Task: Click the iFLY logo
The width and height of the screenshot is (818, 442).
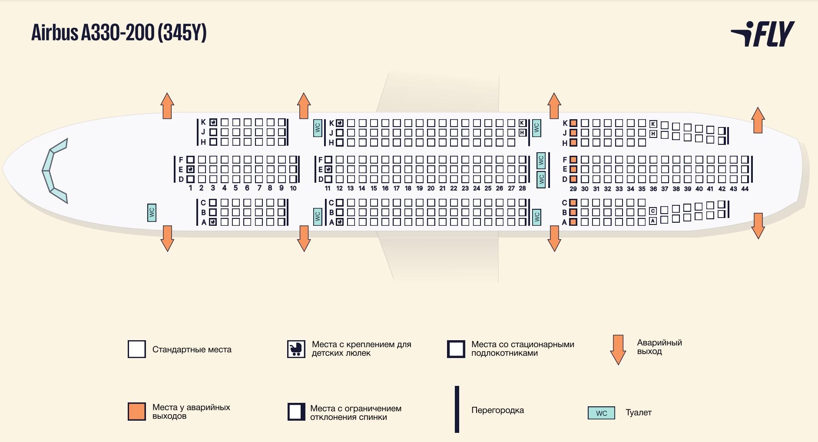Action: tap(762, 34)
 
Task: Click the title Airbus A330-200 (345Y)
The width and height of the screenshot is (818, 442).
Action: tap(119, 33)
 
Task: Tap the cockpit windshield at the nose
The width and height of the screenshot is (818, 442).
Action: tap(54, 171)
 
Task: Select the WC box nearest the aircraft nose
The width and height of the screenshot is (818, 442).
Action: tap(152, 212)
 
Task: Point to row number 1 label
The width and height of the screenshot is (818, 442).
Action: tap(190, 188)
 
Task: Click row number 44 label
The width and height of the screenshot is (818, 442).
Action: tap(745, 189)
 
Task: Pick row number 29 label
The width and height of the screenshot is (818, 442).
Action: tap(573, 189)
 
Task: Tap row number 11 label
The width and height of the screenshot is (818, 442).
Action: tap(328, 188)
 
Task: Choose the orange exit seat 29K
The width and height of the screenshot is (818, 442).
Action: tap(573, 123)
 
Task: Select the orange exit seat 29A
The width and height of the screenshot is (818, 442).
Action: tap(573, 222)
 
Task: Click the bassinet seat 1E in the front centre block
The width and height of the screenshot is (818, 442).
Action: tap(190, 169)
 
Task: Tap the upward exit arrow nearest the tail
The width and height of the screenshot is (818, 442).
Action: tap(758, 120)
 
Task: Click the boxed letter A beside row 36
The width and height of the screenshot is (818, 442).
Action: tap(653, 221)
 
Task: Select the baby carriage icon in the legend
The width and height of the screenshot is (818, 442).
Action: tap(296, 349)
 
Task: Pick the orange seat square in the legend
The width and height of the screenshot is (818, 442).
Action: tap(137, 412)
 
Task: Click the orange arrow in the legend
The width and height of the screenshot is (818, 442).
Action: tap(618, 350)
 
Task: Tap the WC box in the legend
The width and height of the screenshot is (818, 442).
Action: tap(602, 413)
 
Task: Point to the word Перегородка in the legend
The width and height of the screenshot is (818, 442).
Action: tap(497, 410)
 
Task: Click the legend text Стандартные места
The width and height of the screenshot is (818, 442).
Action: tap(192, 349)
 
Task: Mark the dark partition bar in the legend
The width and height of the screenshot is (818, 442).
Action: tap(457, 409)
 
